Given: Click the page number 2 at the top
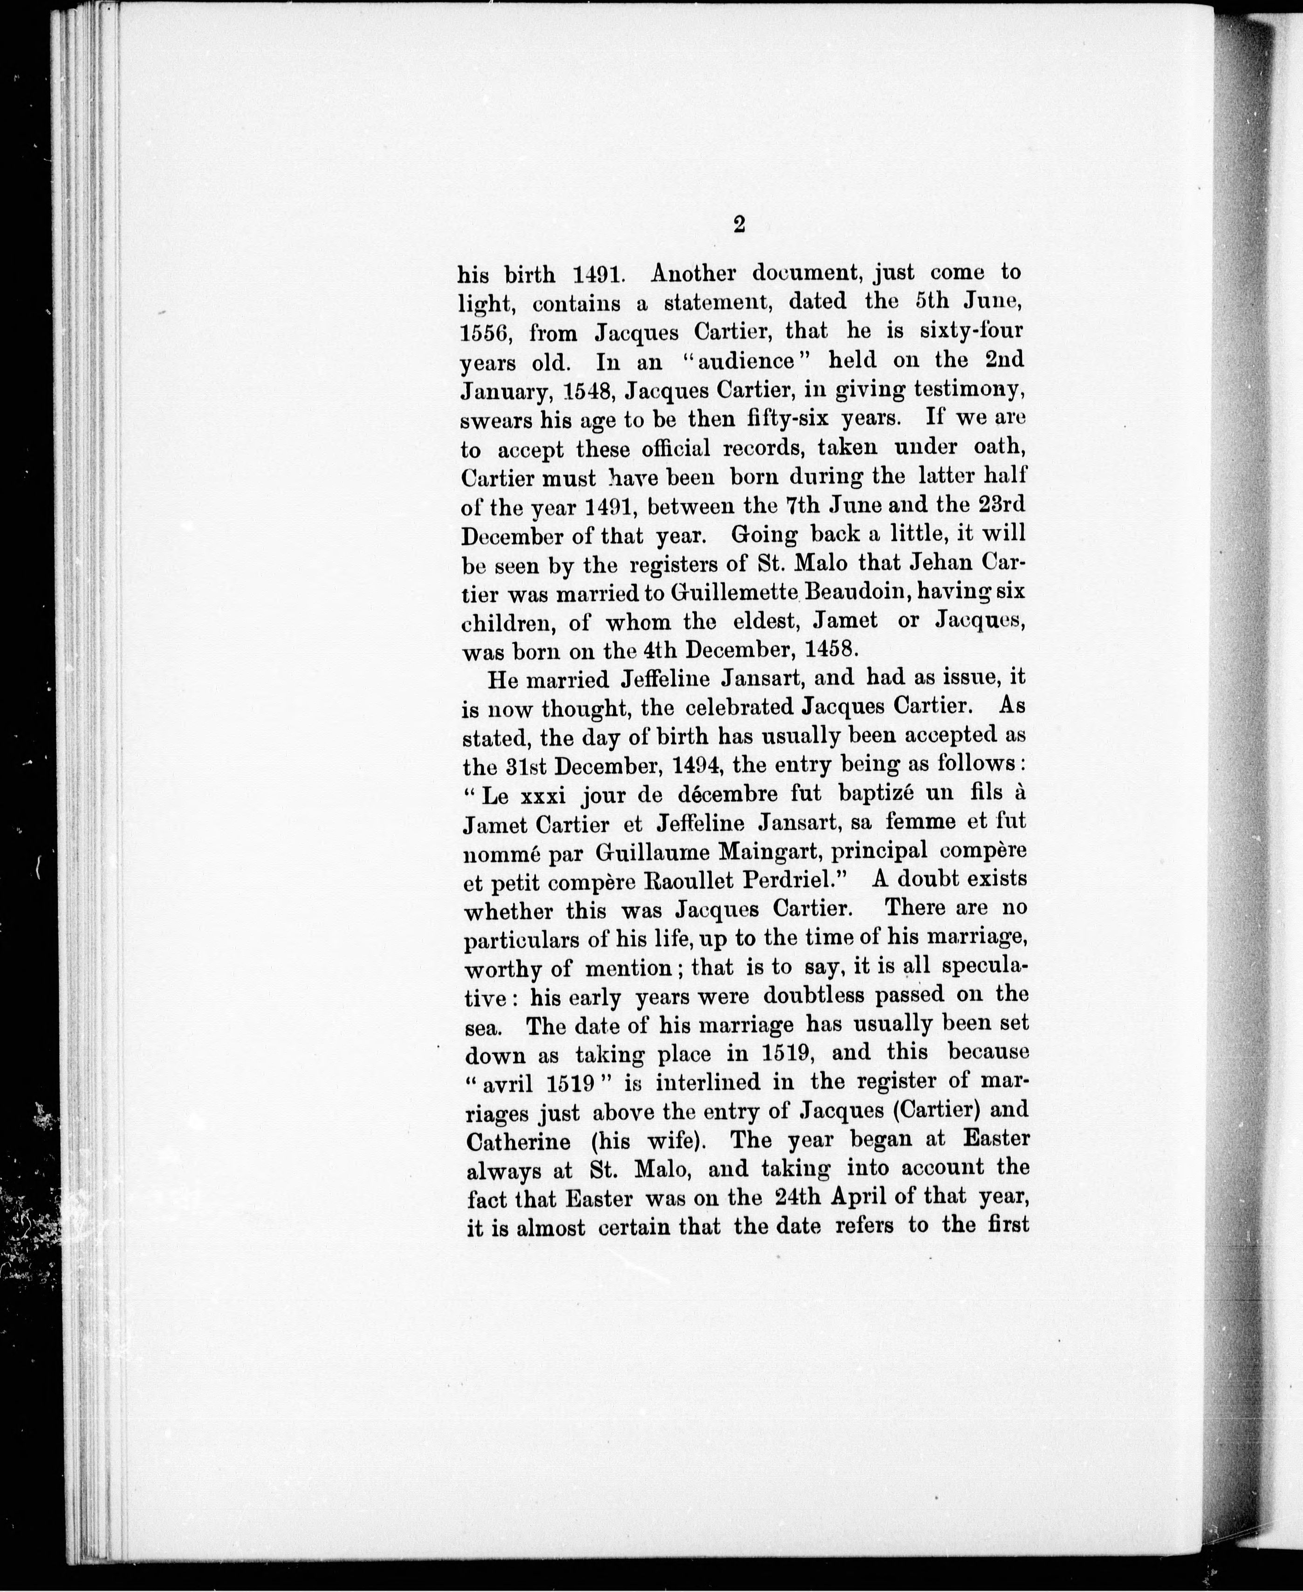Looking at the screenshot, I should [739, 225].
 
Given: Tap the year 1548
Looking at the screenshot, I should [584, 390].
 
